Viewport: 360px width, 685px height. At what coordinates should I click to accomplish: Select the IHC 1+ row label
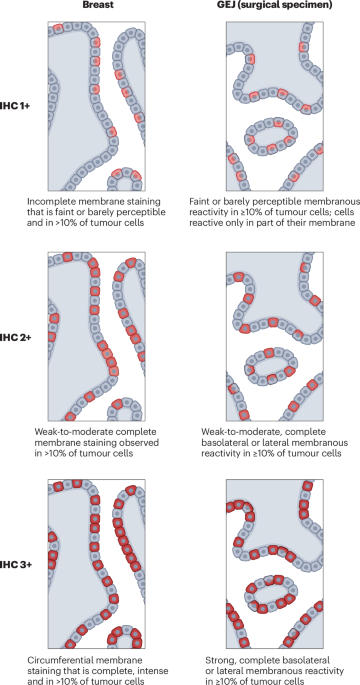14,106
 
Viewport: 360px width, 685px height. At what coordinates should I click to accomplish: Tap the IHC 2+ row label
14,337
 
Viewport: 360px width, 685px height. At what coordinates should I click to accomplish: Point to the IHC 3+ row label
14,564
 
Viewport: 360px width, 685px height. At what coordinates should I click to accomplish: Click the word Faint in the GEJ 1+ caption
199,202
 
